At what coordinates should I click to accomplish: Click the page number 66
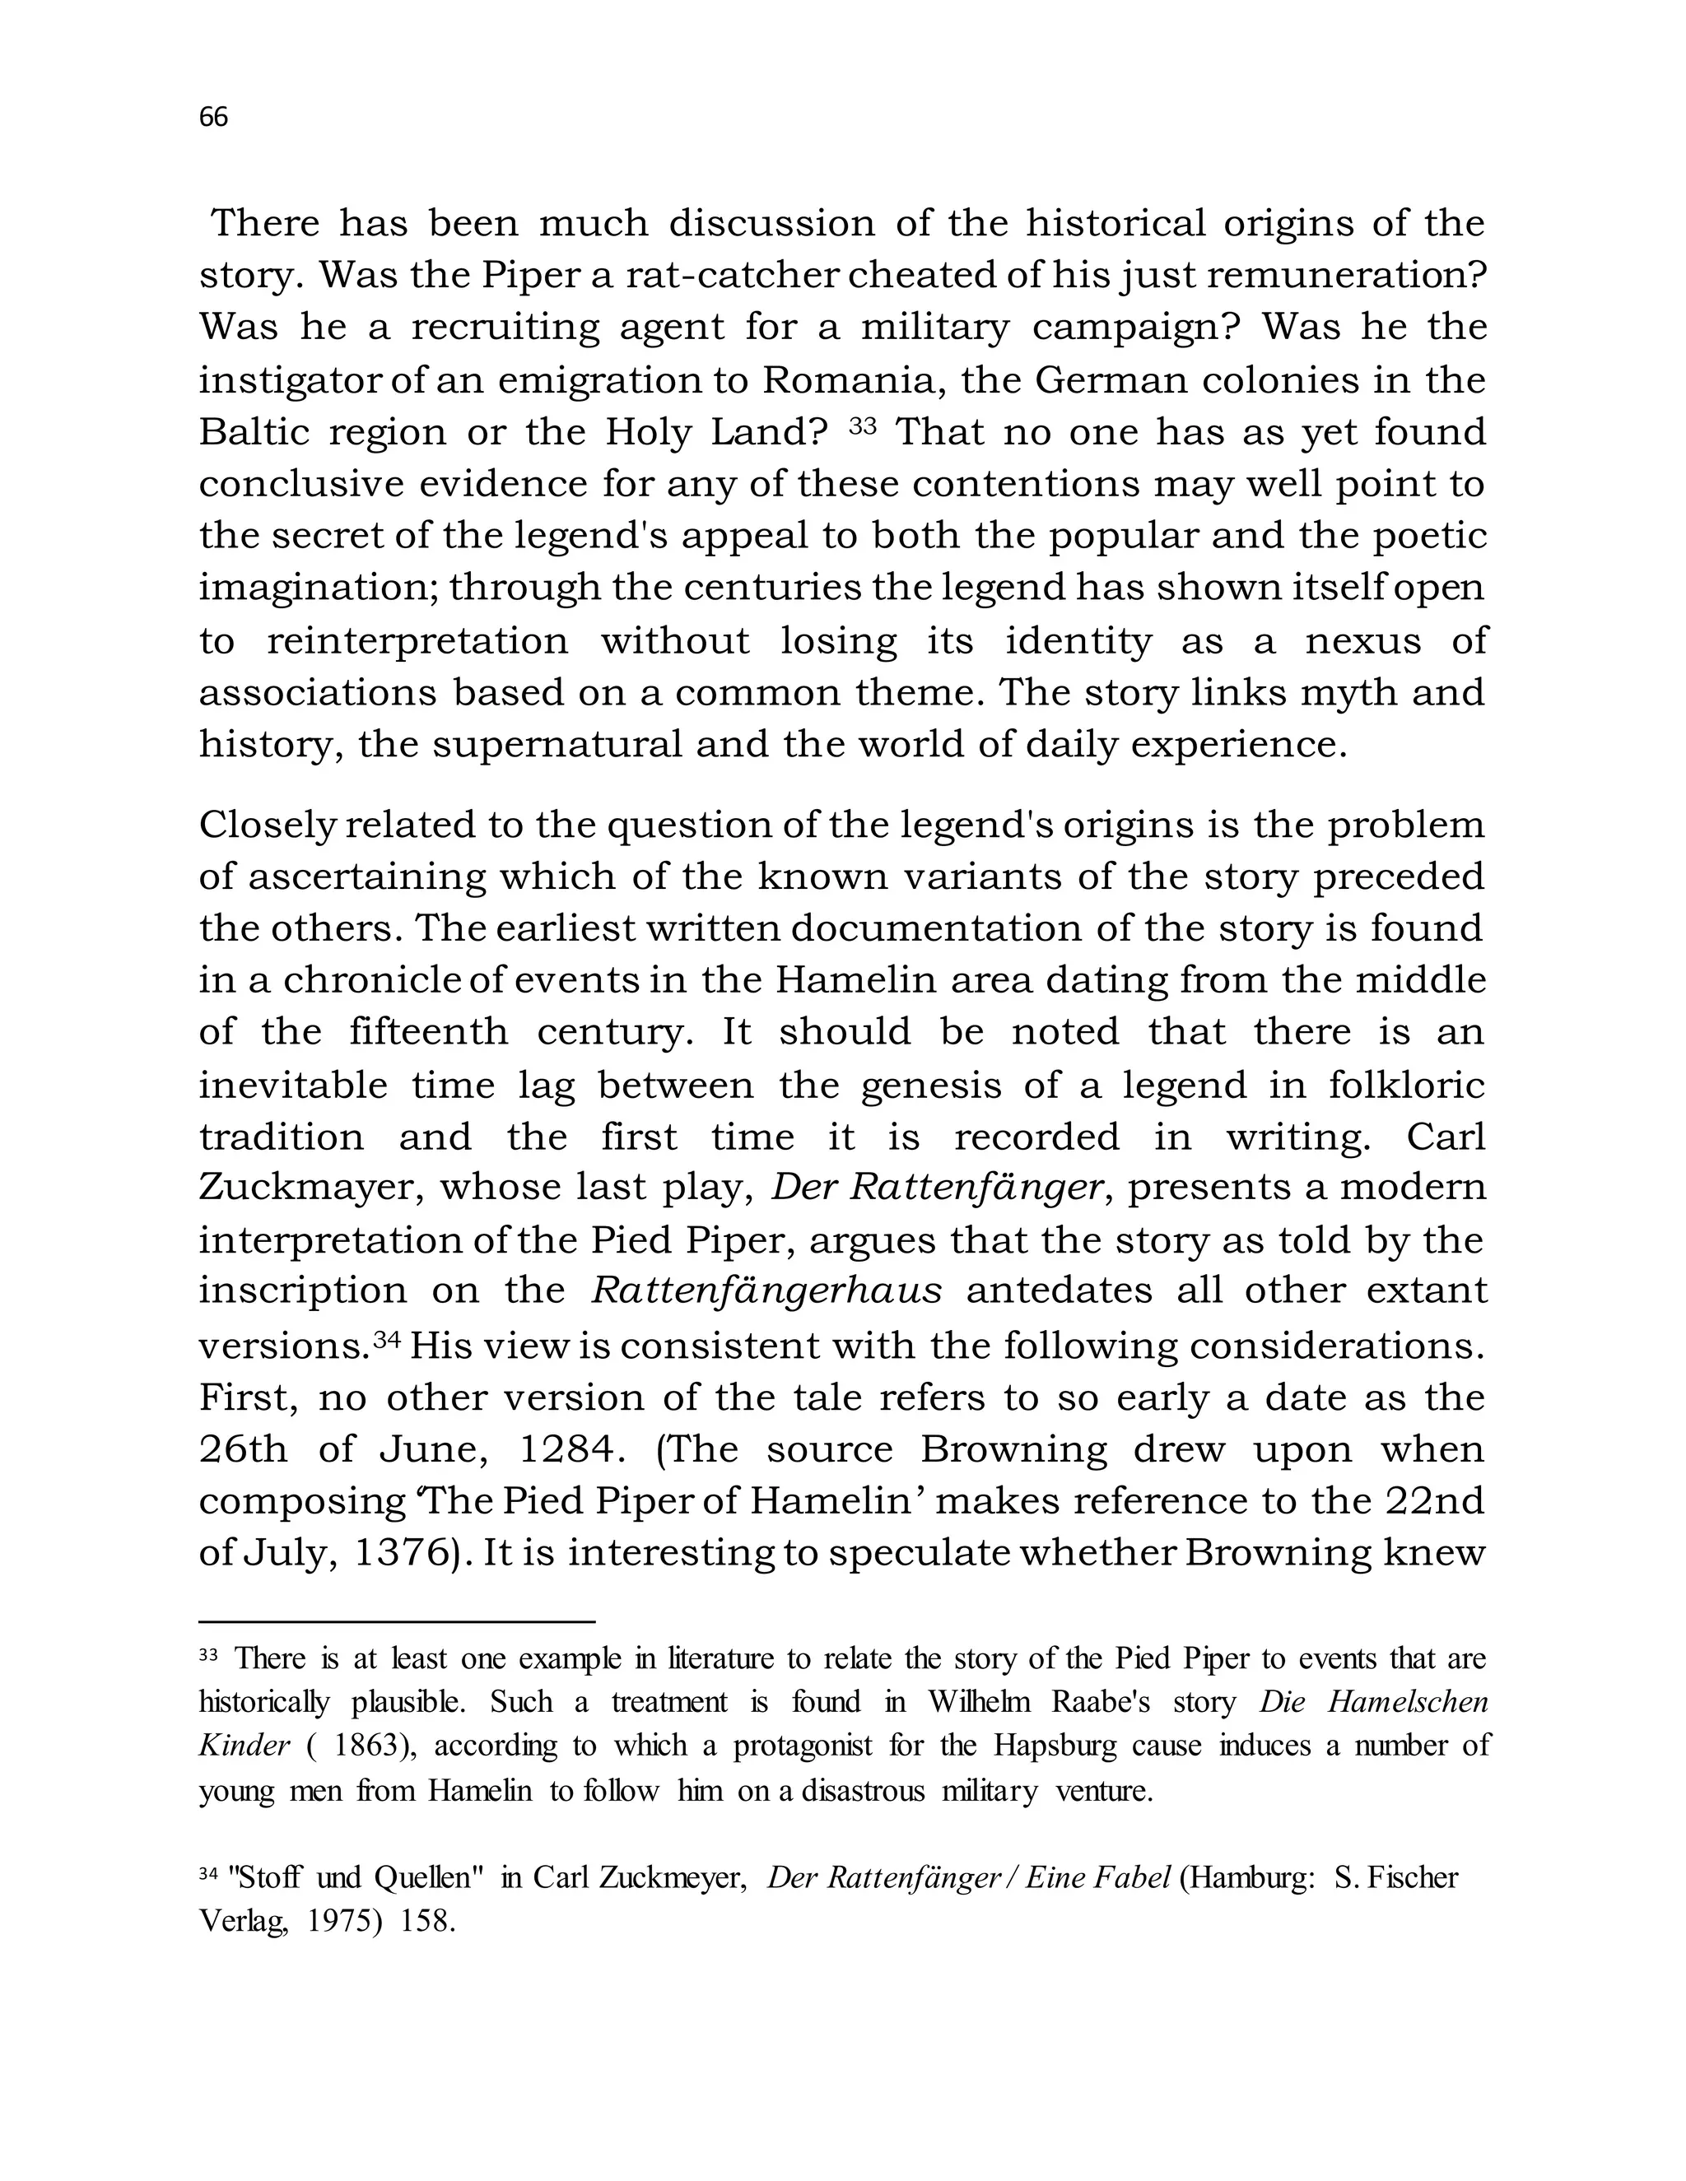click(214, 118)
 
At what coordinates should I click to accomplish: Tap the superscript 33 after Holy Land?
click(862, 426)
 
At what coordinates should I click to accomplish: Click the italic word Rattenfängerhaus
click(766, 1291)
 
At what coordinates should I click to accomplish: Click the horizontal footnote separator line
click(397, 1623)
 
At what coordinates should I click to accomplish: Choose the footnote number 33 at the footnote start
click(207, 1656)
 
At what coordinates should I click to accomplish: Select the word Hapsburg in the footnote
click(1048, 1746)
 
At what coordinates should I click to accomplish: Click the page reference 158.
click(427, 1923)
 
